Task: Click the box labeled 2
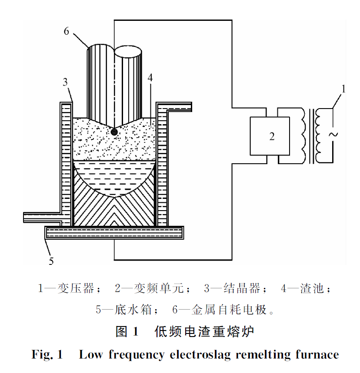[x=270, y=136]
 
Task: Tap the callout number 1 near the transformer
[x=343, y=89]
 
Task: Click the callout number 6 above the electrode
[x=67, y=32]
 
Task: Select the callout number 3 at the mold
[x=65, y=82]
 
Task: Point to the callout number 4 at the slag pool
[x=150, y=79]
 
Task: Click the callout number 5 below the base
[x=51, y=261]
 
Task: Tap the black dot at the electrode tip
[x=114, y=132]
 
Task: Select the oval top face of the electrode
[x=128, y=52]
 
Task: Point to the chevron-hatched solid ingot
[x=113, y=208]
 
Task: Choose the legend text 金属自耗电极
[x=226, y=310]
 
